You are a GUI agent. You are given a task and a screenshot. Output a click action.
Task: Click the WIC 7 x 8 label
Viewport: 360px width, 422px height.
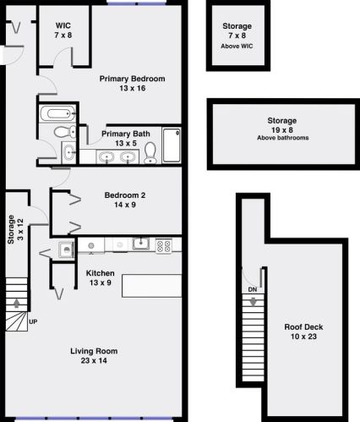[x=63, y=30]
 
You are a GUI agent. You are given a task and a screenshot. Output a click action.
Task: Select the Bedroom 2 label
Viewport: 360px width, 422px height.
[x=125, y=200]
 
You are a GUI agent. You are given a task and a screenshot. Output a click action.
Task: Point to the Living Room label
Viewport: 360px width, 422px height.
[x=94, y=355]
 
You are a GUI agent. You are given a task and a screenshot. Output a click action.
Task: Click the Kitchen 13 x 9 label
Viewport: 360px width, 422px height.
[x=101, y=277]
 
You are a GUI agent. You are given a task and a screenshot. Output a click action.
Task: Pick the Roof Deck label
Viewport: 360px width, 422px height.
[x=303, y=332]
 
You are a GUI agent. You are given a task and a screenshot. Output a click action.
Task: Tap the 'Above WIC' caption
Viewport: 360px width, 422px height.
[x=237, y=46]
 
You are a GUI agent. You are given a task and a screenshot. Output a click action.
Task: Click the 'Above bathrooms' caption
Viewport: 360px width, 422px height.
[x=282, y=138]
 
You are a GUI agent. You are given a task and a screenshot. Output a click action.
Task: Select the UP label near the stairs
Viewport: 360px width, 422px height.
[x=33, y=321]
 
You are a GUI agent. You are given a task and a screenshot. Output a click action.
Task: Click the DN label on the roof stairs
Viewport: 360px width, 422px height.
[x=253, y=289]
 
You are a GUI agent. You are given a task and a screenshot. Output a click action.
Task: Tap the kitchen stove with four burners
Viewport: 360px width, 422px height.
[x=164, y=246]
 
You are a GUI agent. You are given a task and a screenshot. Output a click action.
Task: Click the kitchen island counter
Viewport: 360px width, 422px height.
[x=151, y=286]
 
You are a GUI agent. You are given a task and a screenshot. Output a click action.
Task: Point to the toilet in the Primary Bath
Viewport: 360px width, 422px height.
[x=150, y=152]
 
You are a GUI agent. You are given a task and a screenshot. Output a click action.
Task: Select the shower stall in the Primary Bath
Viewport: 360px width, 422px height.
[x=172, y=145]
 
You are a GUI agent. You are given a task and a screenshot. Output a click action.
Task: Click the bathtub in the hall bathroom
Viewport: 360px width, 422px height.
[x=57, y=113]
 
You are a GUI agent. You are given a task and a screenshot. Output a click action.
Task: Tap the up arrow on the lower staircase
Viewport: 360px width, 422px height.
[x=17, y=303]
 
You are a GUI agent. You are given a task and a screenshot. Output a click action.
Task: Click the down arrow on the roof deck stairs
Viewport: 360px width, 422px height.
[x=253, y=302]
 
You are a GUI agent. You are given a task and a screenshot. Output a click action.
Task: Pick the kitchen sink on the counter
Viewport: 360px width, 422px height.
[x=141, y=244]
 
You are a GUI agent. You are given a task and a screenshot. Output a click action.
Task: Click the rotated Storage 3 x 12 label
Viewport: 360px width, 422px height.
[x=15, y=229]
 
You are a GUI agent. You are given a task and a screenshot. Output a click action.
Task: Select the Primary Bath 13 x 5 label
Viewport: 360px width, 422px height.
[x=126, y=139]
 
